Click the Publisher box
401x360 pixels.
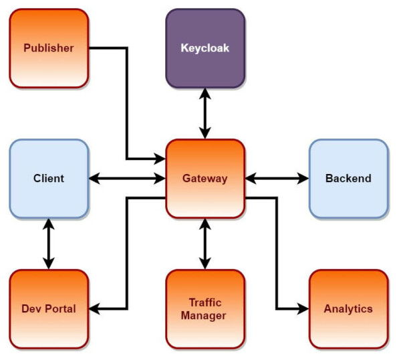(x=49, y=48)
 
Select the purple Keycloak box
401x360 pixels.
(x=205, y=48)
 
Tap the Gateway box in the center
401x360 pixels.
(x=205, y=179)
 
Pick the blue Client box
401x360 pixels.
(x=49, y=179)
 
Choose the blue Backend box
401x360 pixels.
(x=348, y=179)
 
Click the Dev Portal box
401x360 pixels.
(x=49, y=308)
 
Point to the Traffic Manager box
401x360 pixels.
(x=205, y=308)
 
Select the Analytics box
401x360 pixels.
(x=348, y=308)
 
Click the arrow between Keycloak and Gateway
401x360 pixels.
(x=205, y=113)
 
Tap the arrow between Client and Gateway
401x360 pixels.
(x=127, y=179)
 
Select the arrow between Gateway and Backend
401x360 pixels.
(x=277, y=179)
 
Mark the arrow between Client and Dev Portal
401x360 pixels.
(x=49, y=244)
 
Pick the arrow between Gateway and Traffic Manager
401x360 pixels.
(x=205, y=244)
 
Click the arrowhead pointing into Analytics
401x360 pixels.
(x=303, y=308)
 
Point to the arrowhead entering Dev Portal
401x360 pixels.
(x=94, y=308)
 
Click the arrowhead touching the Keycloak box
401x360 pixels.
(x=205, y=93)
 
